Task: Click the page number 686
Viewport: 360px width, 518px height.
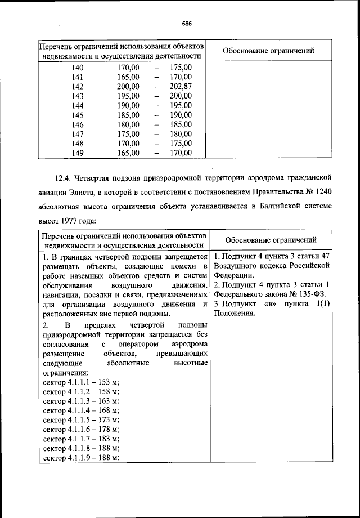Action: [x=187, y=23]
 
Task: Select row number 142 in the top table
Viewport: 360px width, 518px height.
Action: [x=78, y=86]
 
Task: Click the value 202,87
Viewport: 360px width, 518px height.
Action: [x=181, y=86]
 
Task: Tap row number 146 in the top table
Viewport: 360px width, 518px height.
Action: [x=78, y=124]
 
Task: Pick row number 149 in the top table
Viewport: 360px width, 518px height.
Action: [x=78, y=153]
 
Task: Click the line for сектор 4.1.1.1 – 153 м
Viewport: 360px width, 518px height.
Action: [x=81, y=382]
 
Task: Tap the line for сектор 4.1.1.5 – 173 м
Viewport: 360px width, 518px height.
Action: [x=81, y=420]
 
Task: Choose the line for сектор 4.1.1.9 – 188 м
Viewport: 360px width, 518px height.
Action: [x=81, y=458]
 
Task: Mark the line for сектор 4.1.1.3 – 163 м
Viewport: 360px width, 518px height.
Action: [x=81, y=401]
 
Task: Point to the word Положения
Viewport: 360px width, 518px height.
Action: [x=234, y=314]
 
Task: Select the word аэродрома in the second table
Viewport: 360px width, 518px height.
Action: [x=190, y=343]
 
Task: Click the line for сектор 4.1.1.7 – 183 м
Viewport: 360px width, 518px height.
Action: [x=81, y=439]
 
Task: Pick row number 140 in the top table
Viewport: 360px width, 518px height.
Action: [x=78, y=68]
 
